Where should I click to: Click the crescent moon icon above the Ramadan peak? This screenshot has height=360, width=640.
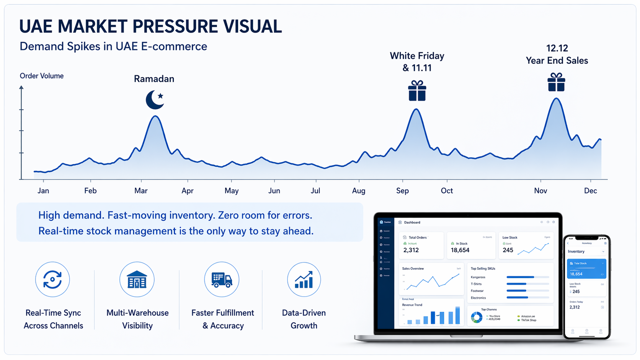(155, 100)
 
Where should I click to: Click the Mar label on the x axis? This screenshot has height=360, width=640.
(141, 191)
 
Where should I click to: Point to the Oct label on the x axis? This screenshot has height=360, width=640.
(447, 191)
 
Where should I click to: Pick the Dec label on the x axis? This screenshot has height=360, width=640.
(590, 191)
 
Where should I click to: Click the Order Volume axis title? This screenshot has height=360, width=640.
(42, 76)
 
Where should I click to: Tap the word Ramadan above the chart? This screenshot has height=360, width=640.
(154, 79)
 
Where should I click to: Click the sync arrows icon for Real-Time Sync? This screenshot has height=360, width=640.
(52, 279)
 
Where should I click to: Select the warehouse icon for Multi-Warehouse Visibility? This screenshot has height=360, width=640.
(137, 280)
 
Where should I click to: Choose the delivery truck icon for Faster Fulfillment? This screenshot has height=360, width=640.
(222, 280)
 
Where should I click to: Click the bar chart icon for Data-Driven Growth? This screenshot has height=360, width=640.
(304, 280)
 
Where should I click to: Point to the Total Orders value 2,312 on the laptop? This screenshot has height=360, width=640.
(411, 250)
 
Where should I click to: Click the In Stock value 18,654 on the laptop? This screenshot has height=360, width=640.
(460, 250)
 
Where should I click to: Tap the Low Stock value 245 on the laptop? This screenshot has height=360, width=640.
(508, 250)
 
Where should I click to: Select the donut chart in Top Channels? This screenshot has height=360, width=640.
(477, 317)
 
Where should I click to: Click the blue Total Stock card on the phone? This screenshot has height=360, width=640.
(586, 269)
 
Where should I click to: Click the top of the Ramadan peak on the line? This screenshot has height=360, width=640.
(155, 116)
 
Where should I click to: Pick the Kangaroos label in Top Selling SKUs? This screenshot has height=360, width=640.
(478, 277)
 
